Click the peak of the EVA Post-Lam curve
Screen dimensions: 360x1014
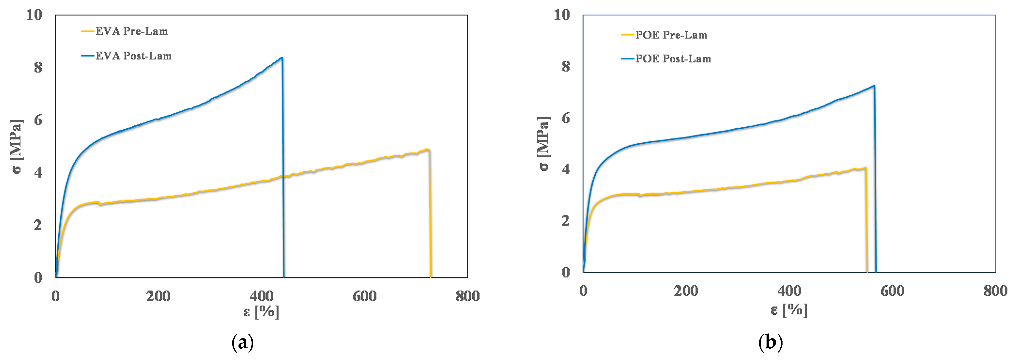point(281,58)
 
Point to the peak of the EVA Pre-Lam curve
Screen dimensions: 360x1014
point(427,149)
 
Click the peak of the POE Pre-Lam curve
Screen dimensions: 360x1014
point(865,168)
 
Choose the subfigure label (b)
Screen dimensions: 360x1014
point(770,343)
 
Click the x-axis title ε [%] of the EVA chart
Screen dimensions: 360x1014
point(261,312)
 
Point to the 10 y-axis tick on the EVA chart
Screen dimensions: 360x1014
point(34,15)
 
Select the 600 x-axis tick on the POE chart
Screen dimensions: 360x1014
point(892,291)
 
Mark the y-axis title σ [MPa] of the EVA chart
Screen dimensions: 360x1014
point(16,146)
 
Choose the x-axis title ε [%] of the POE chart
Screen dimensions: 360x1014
point(789,310)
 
